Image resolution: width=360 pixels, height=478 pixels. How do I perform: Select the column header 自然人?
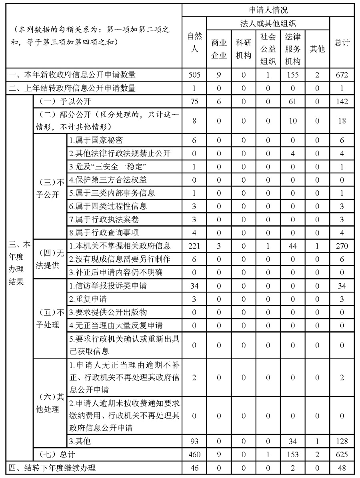point(194,42)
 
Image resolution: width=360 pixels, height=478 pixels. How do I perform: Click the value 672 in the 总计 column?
point(342,74)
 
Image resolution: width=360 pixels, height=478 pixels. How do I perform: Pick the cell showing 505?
point(194,74)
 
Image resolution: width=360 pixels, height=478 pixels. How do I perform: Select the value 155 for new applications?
point(293,74)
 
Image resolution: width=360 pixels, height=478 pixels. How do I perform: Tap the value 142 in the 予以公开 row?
point(342,101)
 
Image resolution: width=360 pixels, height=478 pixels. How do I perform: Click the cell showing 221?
point(194,245)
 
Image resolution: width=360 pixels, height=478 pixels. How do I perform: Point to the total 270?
point(342,245)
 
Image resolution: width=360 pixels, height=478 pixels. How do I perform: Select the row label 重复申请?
point(88,299)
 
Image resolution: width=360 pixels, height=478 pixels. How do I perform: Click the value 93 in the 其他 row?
point(194,441)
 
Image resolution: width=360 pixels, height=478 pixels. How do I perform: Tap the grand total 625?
point(342,454)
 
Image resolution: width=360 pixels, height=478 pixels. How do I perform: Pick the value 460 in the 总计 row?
point(194,454)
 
